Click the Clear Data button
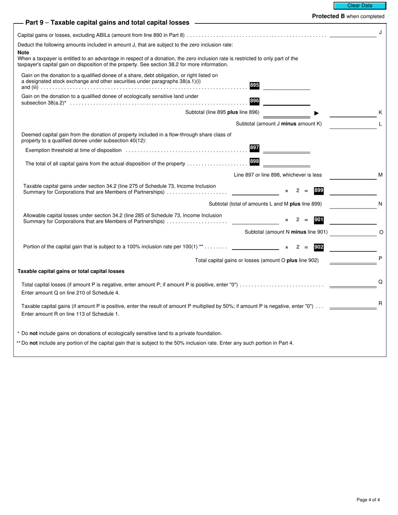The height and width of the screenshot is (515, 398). pos(359,6)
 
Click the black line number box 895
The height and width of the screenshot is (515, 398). pos(254,85)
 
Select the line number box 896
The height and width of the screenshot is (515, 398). pos(254,101)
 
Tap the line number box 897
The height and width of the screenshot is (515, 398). pos(254,148)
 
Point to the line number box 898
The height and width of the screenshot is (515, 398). pos(254,161)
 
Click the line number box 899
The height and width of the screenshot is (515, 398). pos(319,191)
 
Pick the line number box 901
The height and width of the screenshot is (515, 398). pos(319,219)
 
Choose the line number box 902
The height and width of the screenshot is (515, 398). pos(319,247)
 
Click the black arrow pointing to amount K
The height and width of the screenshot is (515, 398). pos(317,113)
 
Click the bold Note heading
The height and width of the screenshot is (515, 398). pos(23,52)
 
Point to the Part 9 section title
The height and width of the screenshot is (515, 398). pos(107,23)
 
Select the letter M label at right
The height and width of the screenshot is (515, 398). pos(380,175)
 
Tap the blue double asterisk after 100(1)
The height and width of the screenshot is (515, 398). pos(201,247)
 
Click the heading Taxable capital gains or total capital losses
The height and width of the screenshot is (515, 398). pos(71,271)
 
